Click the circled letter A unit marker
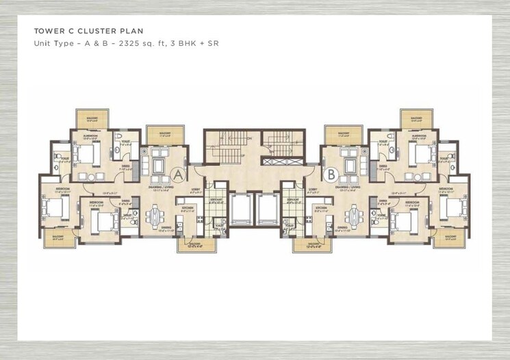tap(177, 175)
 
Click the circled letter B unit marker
tap(331, 175)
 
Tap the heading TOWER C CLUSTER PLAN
tap(89, 31)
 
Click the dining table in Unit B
tap(353, 216)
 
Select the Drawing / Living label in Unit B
tap(348, 185)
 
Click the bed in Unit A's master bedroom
tap(85, 153)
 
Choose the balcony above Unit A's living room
tap(164, 135)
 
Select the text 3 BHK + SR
tap(196, 43)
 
